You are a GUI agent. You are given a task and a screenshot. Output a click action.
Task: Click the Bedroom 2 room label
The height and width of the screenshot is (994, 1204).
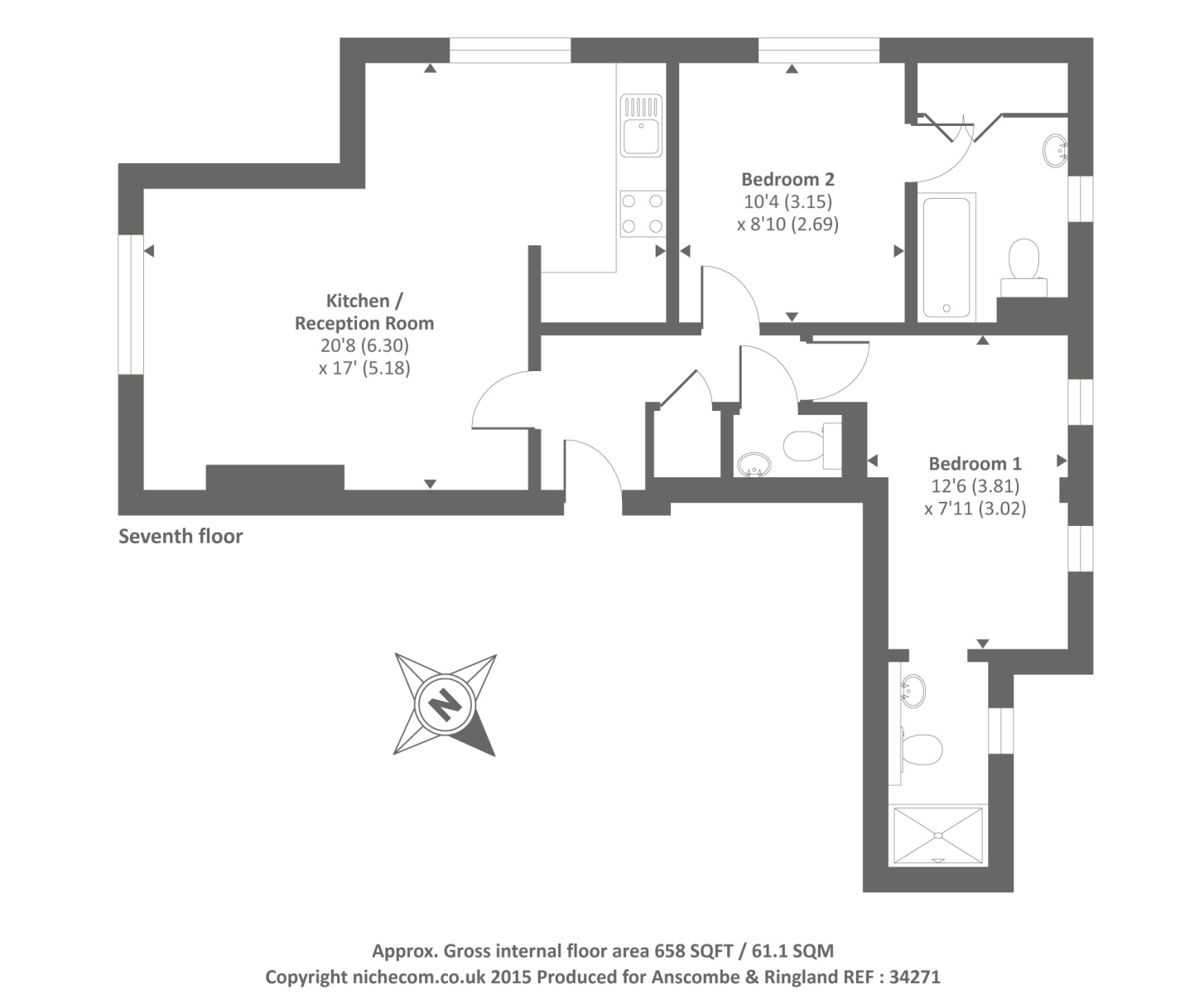tap(787, 179)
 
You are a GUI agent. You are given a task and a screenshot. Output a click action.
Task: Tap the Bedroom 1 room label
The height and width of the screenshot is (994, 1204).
tap(975, 464)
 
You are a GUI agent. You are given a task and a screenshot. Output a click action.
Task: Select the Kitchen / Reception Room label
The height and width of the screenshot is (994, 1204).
tap(364, 311)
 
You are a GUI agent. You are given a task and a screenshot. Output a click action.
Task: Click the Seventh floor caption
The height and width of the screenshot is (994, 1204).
tap(181, 536)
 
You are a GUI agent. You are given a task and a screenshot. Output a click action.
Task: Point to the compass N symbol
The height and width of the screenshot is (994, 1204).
tap(445, 705)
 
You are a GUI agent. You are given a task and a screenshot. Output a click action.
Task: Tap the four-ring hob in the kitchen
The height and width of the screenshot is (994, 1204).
tap(643, 213)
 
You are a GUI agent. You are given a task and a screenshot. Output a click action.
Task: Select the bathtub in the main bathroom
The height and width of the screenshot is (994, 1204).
tap(946, 257)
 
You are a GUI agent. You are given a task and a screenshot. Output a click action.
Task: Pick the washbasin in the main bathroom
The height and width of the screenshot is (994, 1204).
tap(1055, 151)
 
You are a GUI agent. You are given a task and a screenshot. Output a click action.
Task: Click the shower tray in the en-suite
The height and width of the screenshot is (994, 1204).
tap(938, 836)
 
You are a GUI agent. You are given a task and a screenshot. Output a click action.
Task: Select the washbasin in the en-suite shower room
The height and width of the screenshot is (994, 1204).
tap(913, 691)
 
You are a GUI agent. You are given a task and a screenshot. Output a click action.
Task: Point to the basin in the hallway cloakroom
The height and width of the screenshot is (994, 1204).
tap(754, 465)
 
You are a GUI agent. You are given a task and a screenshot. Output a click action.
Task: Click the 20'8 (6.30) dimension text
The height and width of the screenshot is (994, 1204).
tap(364, 345)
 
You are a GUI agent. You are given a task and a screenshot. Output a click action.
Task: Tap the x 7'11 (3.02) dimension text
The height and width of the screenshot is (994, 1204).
tap(975, 509)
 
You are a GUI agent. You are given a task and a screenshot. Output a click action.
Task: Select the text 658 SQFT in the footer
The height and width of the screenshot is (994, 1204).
tap(692, 951)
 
